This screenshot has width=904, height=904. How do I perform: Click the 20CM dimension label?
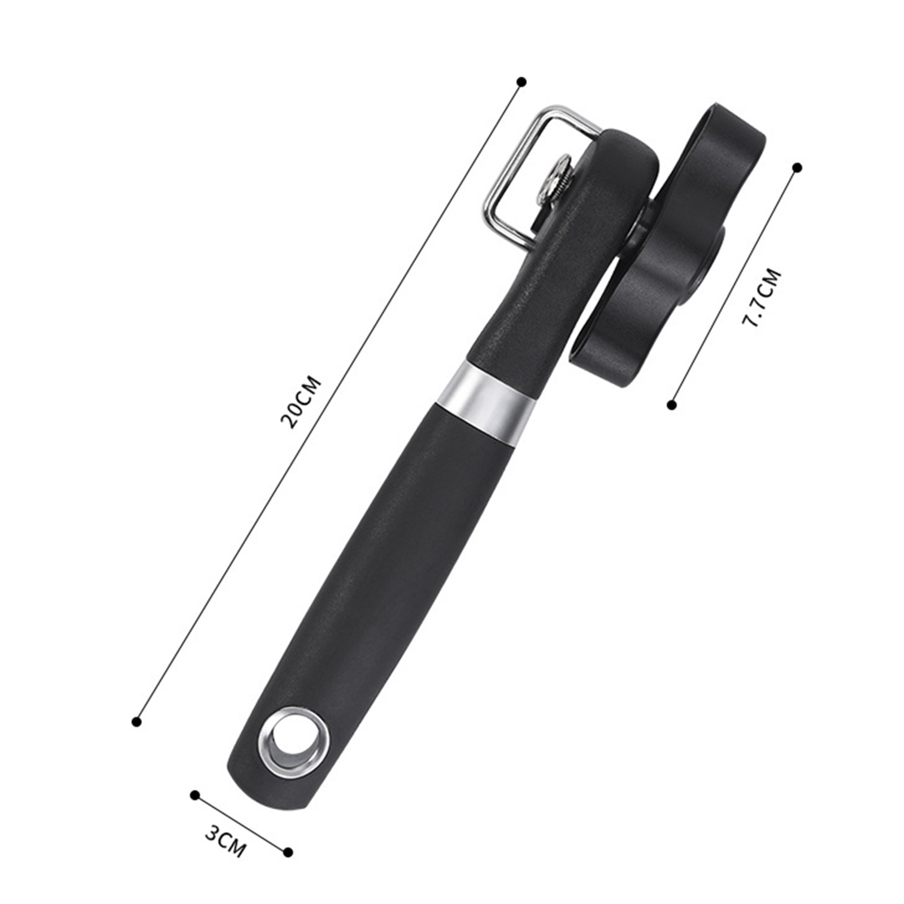click(301, 402)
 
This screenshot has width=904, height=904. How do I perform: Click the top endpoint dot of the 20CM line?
click(522, 82)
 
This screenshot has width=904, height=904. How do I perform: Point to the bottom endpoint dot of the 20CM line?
click(136, 722)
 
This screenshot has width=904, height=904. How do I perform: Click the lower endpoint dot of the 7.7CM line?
click(672, 405)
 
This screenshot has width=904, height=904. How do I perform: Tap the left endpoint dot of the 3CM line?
click(195, 795)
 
